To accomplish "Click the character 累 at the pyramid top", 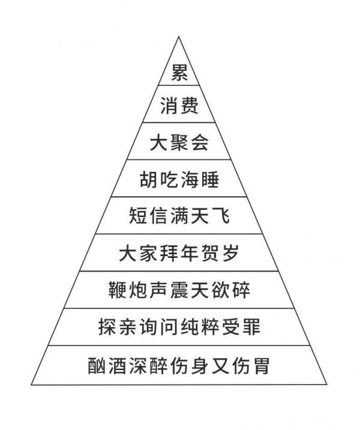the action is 179,73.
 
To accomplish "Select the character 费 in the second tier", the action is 190,106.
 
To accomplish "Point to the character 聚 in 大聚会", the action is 179,142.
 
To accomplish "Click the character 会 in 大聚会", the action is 200,142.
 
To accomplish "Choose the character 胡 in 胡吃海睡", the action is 148,179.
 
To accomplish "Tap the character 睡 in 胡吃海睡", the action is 210,179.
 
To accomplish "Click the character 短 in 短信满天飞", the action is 138,215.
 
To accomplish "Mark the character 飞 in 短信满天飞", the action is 220,215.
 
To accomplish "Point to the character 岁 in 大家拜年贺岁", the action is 231,253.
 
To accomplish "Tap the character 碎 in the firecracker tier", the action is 241,290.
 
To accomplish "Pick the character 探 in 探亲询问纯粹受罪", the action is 107,327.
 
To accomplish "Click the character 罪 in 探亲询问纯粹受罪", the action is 251,327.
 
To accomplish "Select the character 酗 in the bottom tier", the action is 97,366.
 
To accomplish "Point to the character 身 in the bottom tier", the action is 200,366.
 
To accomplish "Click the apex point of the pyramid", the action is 179,37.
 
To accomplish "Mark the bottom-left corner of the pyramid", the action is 31,385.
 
